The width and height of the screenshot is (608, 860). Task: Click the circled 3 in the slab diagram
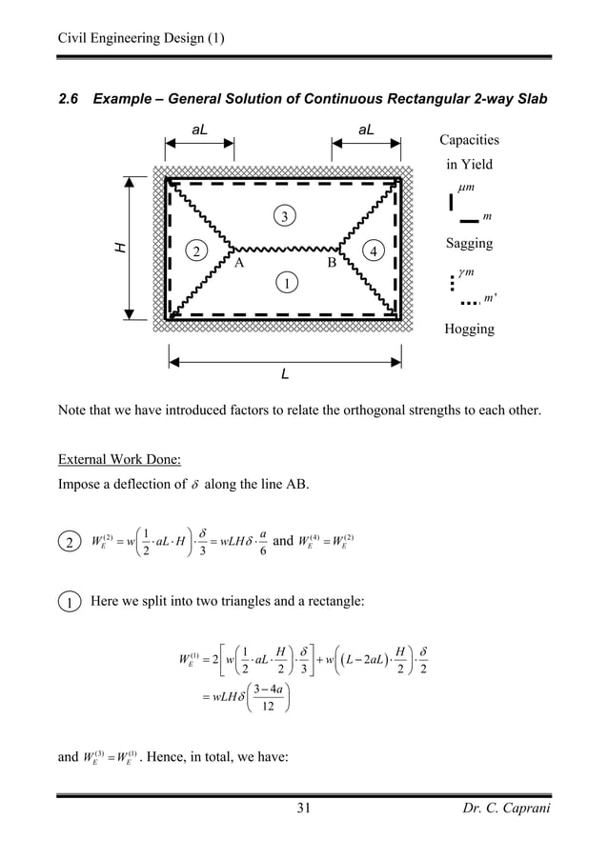[x=283, y=218]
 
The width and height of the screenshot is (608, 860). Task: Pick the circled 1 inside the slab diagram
[x=283, y=284]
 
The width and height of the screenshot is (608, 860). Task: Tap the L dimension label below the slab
[x=284, y=374]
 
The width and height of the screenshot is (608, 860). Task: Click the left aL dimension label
[x=200, y=127]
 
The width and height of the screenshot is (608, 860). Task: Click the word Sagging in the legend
[x=470, y=244]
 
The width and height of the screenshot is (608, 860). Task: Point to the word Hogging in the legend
[x=470, y=330]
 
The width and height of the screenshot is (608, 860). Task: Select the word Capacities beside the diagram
[x=470, y=141]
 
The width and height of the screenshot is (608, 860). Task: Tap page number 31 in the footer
[x=304, y=810]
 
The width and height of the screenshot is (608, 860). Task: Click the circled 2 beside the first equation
[x=69, y=544]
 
